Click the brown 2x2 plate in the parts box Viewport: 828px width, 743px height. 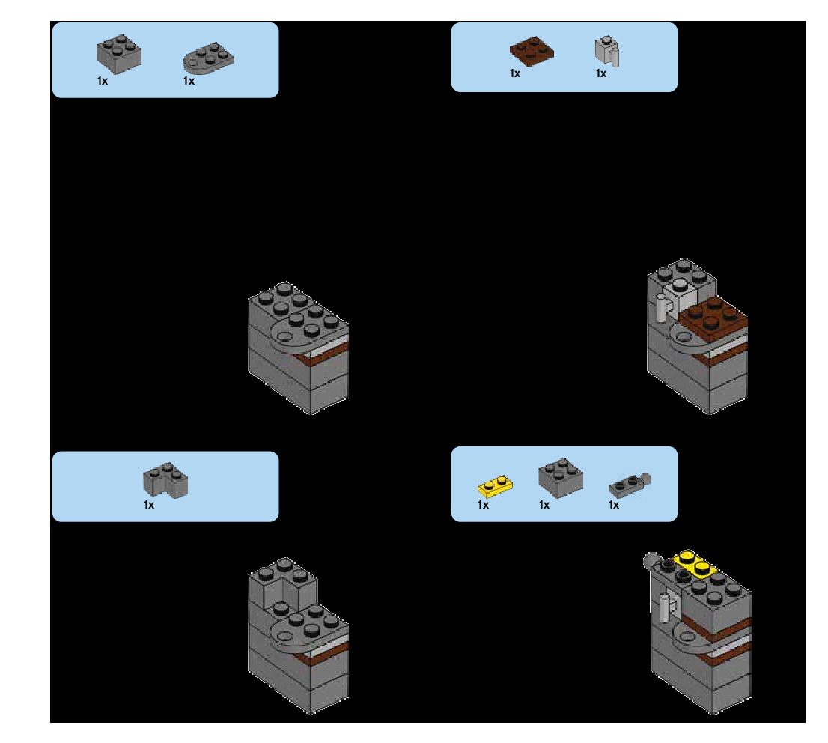(x=532, y=51)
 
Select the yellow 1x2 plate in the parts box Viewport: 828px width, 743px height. (x=495, y=486)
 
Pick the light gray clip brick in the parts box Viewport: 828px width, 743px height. (x=607, y=52)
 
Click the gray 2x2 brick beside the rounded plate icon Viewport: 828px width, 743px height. (x=119, y=53)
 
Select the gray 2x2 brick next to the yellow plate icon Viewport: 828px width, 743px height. (x=561, y=478)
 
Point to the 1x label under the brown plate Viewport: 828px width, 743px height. (x=515, y=73)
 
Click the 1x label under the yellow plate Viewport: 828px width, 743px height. (x=484, y=505)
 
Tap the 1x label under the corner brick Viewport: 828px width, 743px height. (x=149, y=505)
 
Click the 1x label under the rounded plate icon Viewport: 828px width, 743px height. (x=189, y=81)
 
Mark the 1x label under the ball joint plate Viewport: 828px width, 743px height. (x=614, y=505)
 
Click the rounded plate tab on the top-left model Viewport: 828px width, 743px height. (x=289, y=336)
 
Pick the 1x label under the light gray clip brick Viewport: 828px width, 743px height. (x=601, y=73)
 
